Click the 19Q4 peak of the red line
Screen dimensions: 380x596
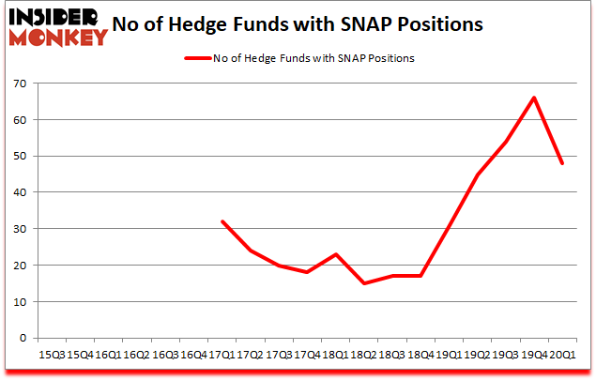(534, 98)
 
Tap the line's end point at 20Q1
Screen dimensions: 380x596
(562, 163)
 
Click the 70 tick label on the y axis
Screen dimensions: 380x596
(19, 84)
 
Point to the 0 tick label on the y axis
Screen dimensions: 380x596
(23, 338)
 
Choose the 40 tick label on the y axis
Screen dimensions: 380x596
(19, 192)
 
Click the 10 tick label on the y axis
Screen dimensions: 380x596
(19, 301)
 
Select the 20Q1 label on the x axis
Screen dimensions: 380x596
(561, 354)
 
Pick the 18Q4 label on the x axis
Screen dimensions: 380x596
(420, 354)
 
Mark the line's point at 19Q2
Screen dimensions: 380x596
(477, 175)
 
